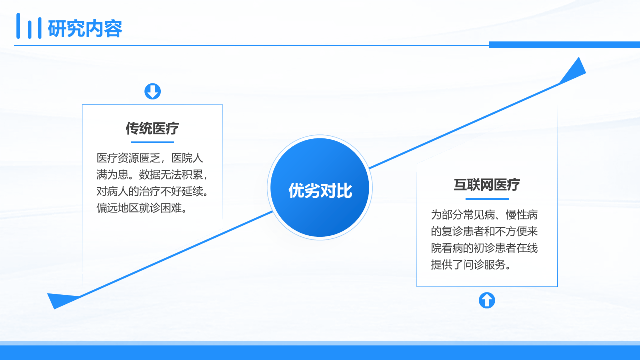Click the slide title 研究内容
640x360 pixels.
(85, 28)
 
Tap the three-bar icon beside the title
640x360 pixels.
(29, 26)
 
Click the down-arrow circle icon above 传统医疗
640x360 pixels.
(153, 91)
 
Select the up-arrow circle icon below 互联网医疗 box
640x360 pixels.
(487, 300)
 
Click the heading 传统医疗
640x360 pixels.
(152, 128)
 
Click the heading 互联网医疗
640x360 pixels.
(487, 185)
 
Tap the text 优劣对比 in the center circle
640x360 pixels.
(320, 190)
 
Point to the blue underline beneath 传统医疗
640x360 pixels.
(152, 142)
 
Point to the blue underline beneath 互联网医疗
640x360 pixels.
(487, 199)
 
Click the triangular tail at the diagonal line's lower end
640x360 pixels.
(61, 300)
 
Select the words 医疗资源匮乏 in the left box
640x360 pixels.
(128, 158)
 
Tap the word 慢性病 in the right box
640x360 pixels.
(522, 215)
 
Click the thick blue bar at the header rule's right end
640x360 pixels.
(564, 45)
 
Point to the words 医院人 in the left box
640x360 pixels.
(187, 158)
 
